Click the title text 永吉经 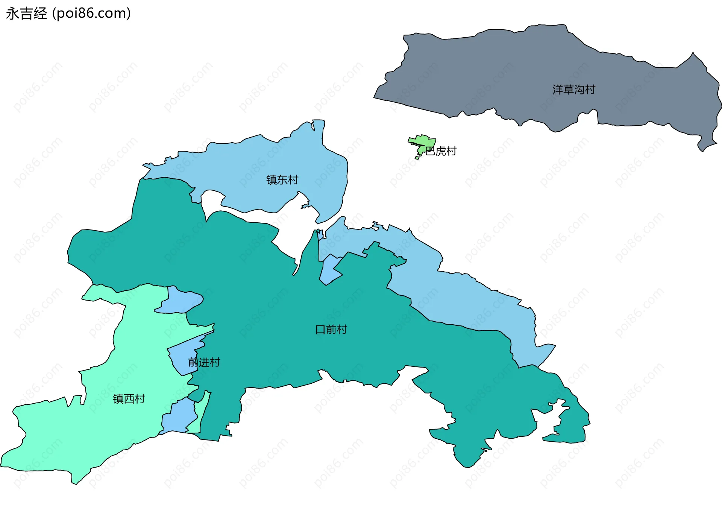click(26, 14)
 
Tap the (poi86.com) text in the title click(91, 14)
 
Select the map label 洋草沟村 click(574, 90)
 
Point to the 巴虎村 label click(441, 151)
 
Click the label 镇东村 click(282, 180)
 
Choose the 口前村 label click(331, 330)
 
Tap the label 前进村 click(204, 362)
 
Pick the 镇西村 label click(129, 399)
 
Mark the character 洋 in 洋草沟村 click(558, 90)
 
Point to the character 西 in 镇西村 click(129, 399)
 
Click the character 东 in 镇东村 click(282, 180)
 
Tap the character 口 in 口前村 click(320, 330)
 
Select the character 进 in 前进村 click(204, 362)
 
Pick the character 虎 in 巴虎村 click(441, 151)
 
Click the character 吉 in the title click(26, 14)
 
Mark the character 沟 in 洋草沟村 click(579, 90)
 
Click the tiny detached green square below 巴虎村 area click(417, 158)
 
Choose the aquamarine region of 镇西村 click(75, 433)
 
